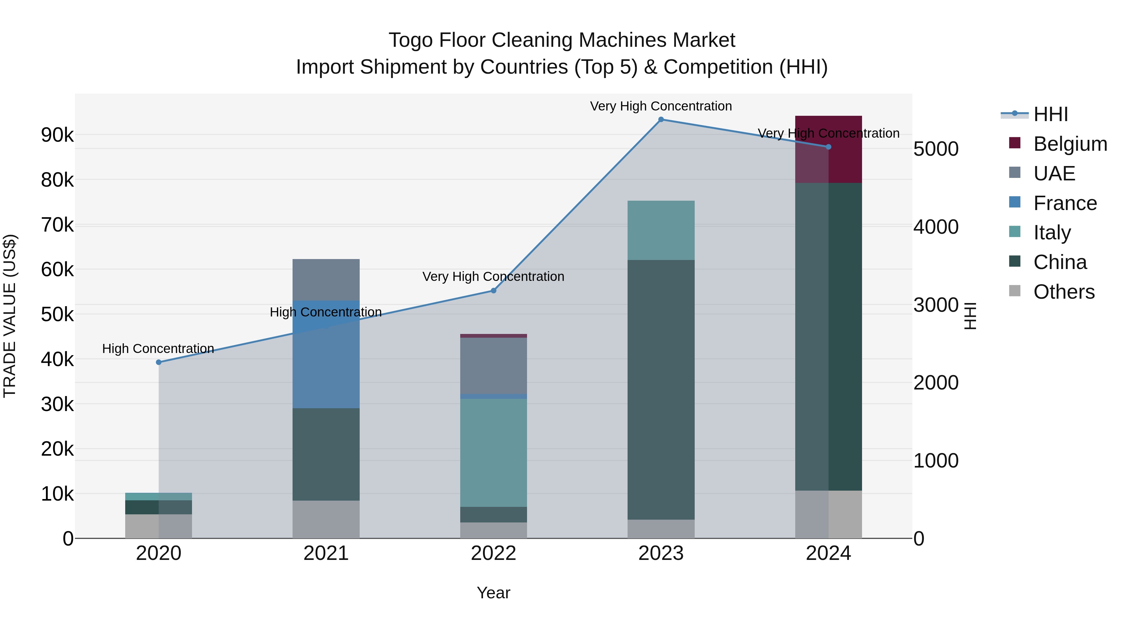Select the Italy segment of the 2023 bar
[x=661, y=230]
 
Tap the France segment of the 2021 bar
[x=326, y=354]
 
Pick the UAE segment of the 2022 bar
[x=494, y=365]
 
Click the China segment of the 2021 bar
[x=326, y=454]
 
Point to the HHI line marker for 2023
[x=661, y=120]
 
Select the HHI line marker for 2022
[x=494, y=291]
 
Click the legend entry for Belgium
[x=1070, y=144]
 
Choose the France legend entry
[x=1065, y=203]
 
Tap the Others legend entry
[x=1063, y=292]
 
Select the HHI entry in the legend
[x=1050, y=114]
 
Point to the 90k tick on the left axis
[x=57, y=135]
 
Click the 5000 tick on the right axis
[x=936, y=149]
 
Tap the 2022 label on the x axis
[x=494, y=553]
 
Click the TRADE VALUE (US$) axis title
[x=10, y=316]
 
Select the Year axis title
[x=494, y=593]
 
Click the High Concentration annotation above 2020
[x=158, y=349]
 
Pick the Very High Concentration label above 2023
[x=661, y=106]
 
